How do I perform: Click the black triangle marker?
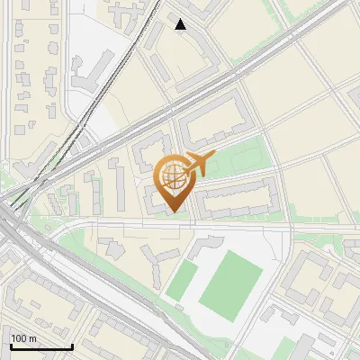click(181, 24)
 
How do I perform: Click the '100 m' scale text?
click(23, 338)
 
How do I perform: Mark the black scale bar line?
click(41, 346)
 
